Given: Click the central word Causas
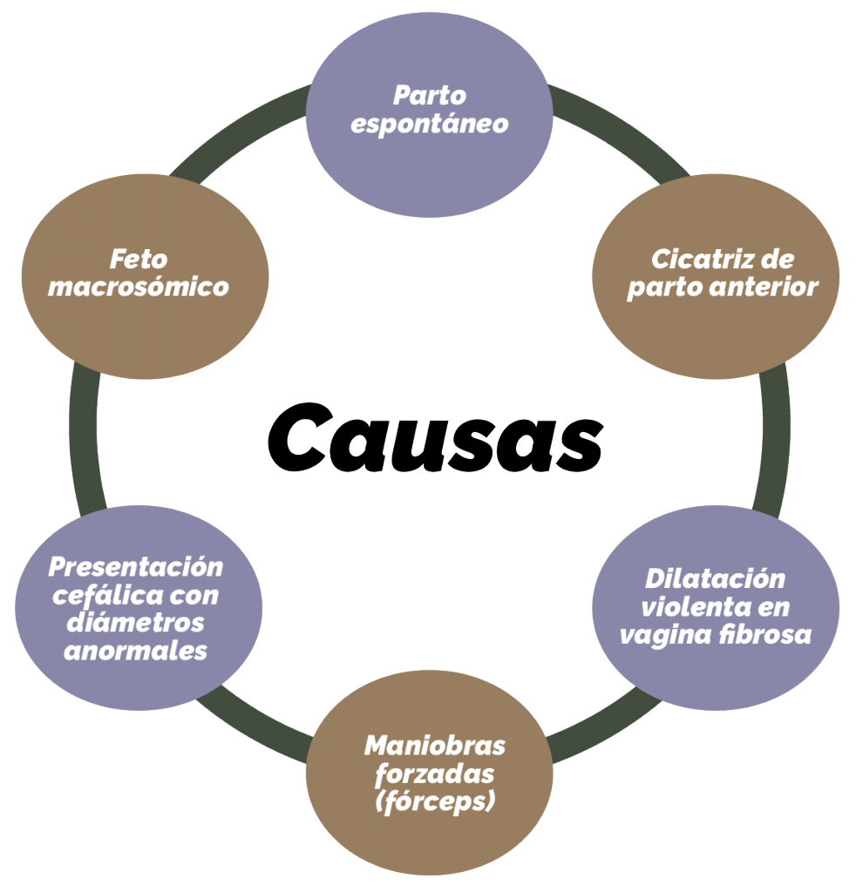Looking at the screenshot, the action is (x=435, y=437).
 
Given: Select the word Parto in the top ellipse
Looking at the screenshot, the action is (x=430, y=96).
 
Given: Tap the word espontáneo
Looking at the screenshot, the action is (x=430, y=125).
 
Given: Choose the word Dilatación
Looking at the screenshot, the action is (x=715, y=579).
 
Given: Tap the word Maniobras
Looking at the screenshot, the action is (x=435, y=746).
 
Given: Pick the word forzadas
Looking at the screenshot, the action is (x=435, y=774).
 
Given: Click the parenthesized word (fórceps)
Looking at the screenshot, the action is (x=435, y=802).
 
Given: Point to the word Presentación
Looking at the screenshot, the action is (x=136, y=566).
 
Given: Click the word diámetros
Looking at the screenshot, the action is (x=135, y=622).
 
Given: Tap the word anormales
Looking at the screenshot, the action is (x=135, y=651).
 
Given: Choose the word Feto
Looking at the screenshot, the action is (x=139, y=260).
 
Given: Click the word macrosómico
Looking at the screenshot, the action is (x=139, y=287).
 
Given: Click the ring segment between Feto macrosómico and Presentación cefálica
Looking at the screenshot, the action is (x=85, y=441).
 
